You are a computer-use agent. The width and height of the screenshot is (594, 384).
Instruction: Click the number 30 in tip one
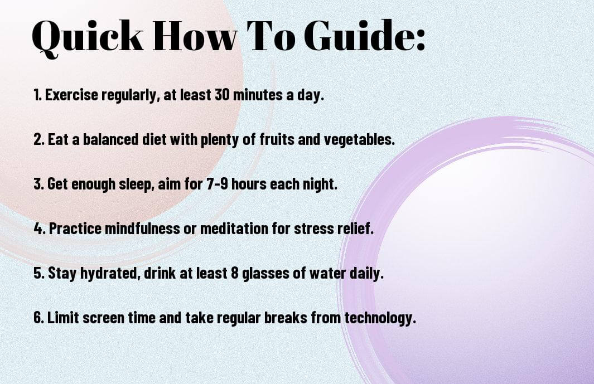pyautogui.click(x=222, y=95)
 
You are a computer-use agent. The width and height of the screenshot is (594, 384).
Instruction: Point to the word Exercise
pyautogui.click(x=71, y=95)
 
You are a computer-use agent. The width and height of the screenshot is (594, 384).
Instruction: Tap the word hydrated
pyautogui.click(x=109, y=274)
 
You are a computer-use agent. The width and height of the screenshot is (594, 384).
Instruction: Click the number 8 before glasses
pyautogui.click(x=234, y=273)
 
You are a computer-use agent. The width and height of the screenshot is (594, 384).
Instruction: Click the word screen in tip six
pyautogui.click(x=103, y=318)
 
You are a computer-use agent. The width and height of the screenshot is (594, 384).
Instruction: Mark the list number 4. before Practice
pyautogui.click(x=40, y=229)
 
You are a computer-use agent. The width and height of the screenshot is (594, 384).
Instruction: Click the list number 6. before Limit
pyautogui.click(x=39, y=317)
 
